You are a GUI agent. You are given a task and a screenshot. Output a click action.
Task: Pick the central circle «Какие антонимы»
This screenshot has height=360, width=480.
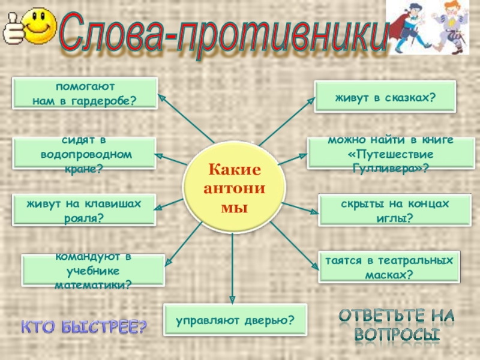pyautogui.click(x=233, y=182)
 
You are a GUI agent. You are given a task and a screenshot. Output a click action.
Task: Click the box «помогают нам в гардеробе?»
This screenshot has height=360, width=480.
pyautogui.click(x=85, y=92)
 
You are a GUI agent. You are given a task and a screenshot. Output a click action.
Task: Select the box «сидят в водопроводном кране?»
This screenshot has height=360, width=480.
pyautogui.click(x=85, y=154)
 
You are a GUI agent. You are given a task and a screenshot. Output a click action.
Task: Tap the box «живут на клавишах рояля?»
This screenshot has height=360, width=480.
pyautogui.click(x=84, y=210)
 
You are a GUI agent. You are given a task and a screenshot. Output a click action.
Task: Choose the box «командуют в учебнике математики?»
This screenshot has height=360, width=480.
pyautogui.click(x=93, y=270)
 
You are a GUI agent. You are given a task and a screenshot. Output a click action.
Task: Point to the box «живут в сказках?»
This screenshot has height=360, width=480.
pyautogui.click(x=385, y=95)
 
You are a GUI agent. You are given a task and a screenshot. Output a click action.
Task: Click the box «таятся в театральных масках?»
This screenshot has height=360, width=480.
pyautogui.click(x=389, y=267)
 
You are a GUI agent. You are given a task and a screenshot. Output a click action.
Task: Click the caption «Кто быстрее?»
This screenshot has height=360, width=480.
pyautogui.click(x=84, y=327)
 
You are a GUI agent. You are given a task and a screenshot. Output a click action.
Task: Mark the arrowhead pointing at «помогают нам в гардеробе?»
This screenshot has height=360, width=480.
pyautogui.click(x=161, y=95)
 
